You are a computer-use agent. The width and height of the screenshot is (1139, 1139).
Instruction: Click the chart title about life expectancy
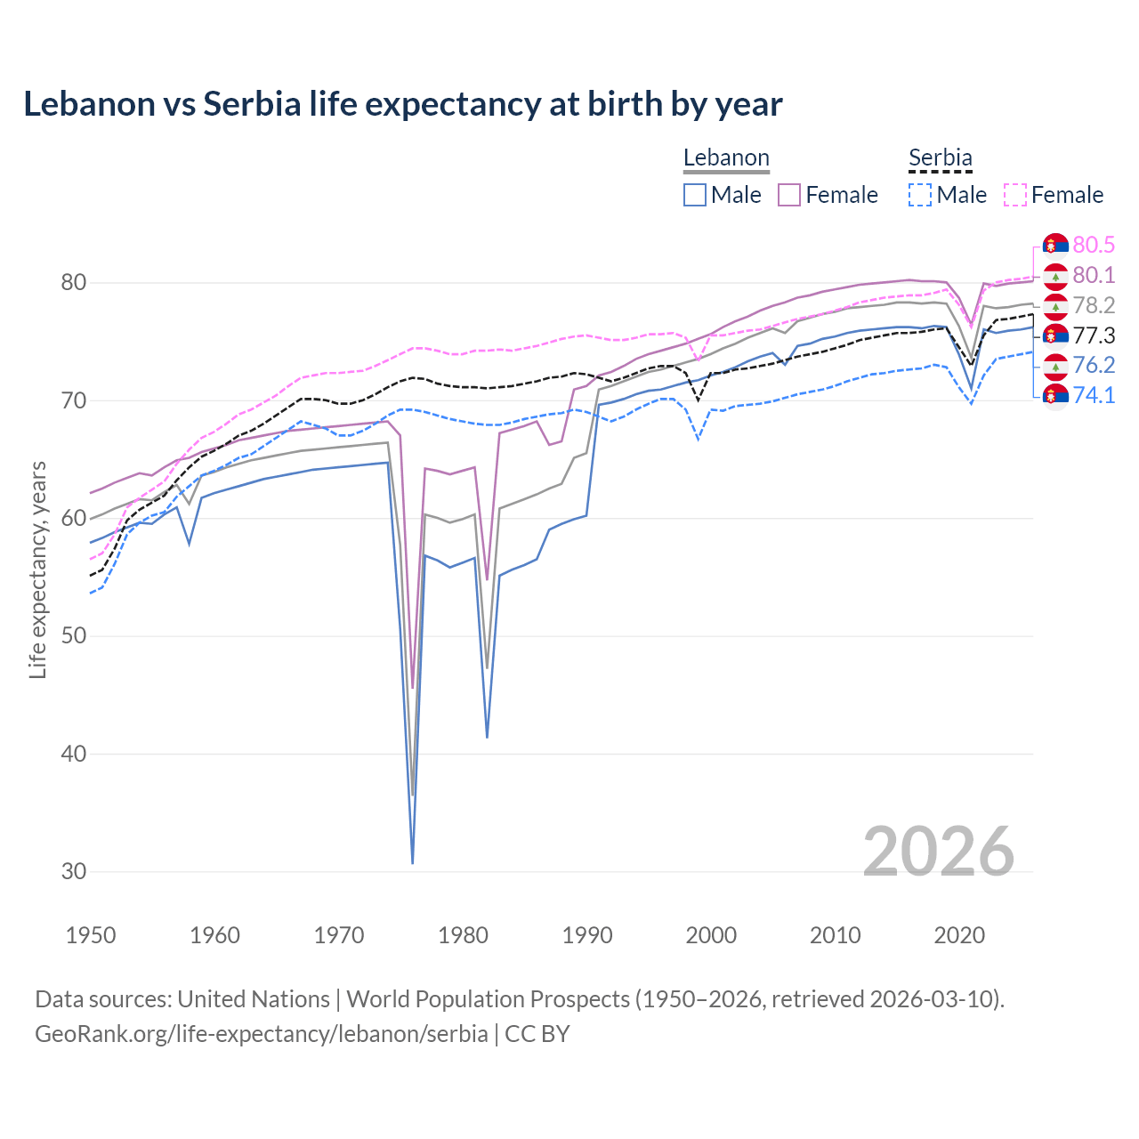[x=402, y=104]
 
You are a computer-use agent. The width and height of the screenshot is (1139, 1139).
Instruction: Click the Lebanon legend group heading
[x=726, y=158]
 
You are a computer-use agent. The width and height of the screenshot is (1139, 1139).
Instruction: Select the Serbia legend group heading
[x=940, y=158]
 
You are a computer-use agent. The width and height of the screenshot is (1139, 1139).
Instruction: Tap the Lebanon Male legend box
[x=695, y=195]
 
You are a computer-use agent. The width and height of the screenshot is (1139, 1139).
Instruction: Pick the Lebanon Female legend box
[x=789, y=195]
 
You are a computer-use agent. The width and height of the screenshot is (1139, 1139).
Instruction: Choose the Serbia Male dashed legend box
[x=920, y=195]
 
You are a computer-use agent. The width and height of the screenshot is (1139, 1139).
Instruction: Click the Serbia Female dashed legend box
[x=1015, y=195]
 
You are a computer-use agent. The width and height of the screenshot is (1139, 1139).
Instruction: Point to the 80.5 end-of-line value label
[x=1094, y=245]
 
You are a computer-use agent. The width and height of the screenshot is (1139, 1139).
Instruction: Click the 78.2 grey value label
[x=1094, y=305]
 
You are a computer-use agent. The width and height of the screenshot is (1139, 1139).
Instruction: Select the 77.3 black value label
[x=1094, y=335]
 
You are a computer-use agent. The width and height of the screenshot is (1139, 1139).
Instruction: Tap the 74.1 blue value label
[x=1094, y=395]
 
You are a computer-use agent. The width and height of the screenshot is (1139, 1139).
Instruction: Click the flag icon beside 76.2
[x=1055, y=366]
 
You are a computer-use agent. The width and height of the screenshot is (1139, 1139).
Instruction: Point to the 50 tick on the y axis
[x=74, y=636]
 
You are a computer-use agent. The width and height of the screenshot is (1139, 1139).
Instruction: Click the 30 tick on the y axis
[x=74, y=871]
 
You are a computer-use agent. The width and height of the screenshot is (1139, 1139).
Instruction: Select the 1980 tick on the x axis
[x=464, y=935]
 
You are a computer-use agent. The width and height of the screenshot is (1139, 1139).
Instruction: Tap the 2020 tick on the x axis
[x=959, y=935]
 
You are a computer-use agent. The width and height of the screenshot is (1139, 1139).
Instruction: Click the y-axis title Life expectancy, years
[x=37, y=569]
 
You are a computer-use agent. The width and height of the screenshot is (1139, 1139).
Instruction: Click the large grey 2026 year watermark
[x=939, y=852]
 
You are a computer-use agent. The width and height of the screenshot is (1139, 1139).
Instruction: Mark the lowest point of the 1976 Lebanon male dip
[x=413, y=862]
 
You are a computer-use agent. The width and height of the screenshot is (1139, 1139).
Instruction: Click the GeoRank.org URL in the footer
[x=261, y=1034]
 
